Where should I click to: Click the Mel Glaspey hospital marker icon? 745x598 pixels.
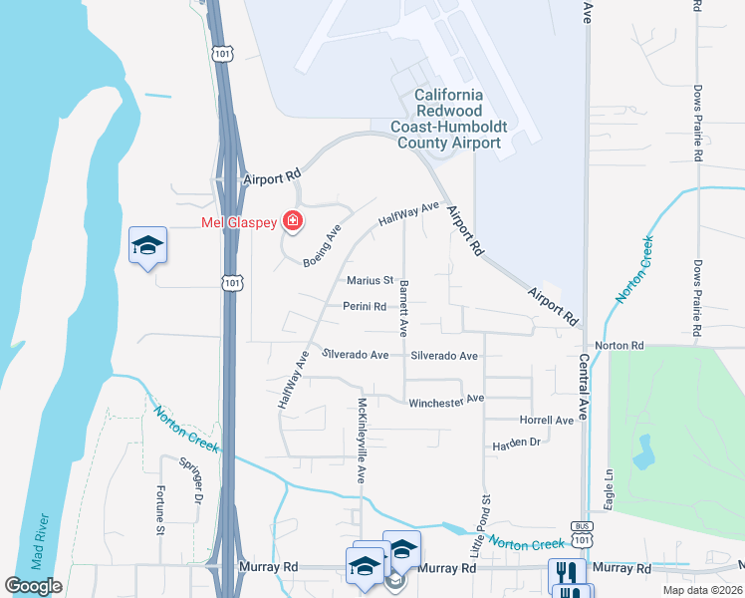click(293, 220)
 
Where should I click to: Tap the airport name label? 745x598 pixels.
click(458, 119)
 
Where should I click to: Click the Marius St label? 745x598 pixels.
click(371, 281)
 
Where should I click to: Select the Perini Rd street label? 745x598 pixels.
click(365, 307)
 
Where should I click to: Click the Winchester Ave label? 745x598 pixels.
click(446, 401)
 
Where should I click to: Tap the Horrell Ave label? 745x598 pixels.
click(547, 420)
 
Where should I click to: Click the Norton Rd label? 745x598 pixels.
click(620, 346)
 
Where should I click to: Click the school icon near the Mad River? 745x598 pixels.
click(148, 246)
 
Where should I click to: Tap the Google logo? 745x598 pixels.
click(34, 586)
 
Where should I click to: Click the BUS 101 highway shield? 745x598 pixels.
click(584, 533)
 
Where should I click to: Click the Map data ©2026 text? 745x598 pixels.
click(702, 590)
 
